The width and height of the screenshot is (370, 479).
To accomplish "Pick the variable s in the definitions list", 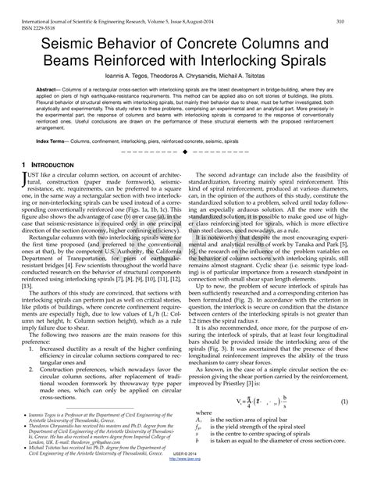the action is click(x=199, y=448).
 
